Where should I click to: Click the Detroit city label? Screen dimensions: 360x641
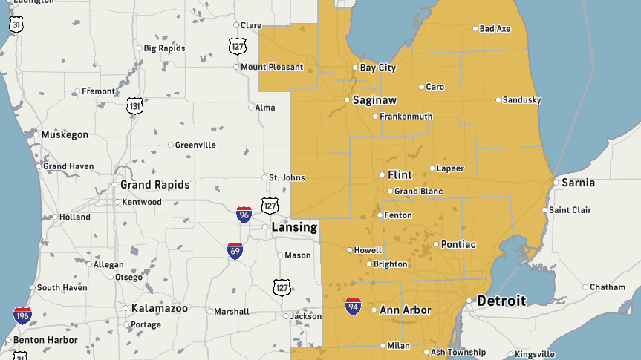[x=501, y=301]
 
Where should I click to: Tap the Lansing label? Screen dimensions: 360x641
[x=294, y=227]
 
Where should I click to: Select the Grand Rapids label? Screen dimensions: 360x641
[x=154, y=185]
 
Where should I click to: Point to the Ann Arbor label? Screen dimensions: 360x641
[x=406, y=310]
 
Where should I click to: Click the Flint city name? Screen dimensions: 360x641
[x=400, y=175]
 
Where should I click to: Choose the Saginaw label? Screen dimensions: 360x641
[x=374, y=99]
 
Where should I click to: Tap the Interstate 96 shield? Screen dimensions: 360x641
[x=244, y=215]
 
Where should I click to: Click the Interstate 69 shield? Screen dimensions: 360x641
[x=235, y=250]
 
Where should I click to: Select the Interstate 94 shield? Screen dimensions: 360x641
[x=353, y=307]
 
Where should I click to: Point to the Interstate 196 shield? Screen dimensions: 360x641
[x=22, y=315]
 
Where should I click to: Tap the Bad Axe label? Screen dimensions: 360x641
[x=495, y=29]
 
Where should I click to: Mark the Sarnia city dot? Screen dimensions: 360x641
[x=555, y=182]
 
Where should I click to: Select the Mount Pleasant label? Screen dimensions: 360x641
[x=271, y=67]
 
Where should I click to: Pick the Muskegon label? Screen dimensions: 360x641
[x=65, y=135]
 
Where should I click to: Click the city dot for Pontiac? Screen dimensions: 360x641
[x=435, y=244]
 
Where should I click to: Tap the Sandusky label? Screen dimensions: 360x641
[x=521, y=100]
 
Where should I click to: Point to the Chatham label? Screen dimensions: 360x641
[x=608, y=287]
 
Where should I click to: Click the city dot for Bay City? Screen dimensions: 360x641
[x=355, y=68]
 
